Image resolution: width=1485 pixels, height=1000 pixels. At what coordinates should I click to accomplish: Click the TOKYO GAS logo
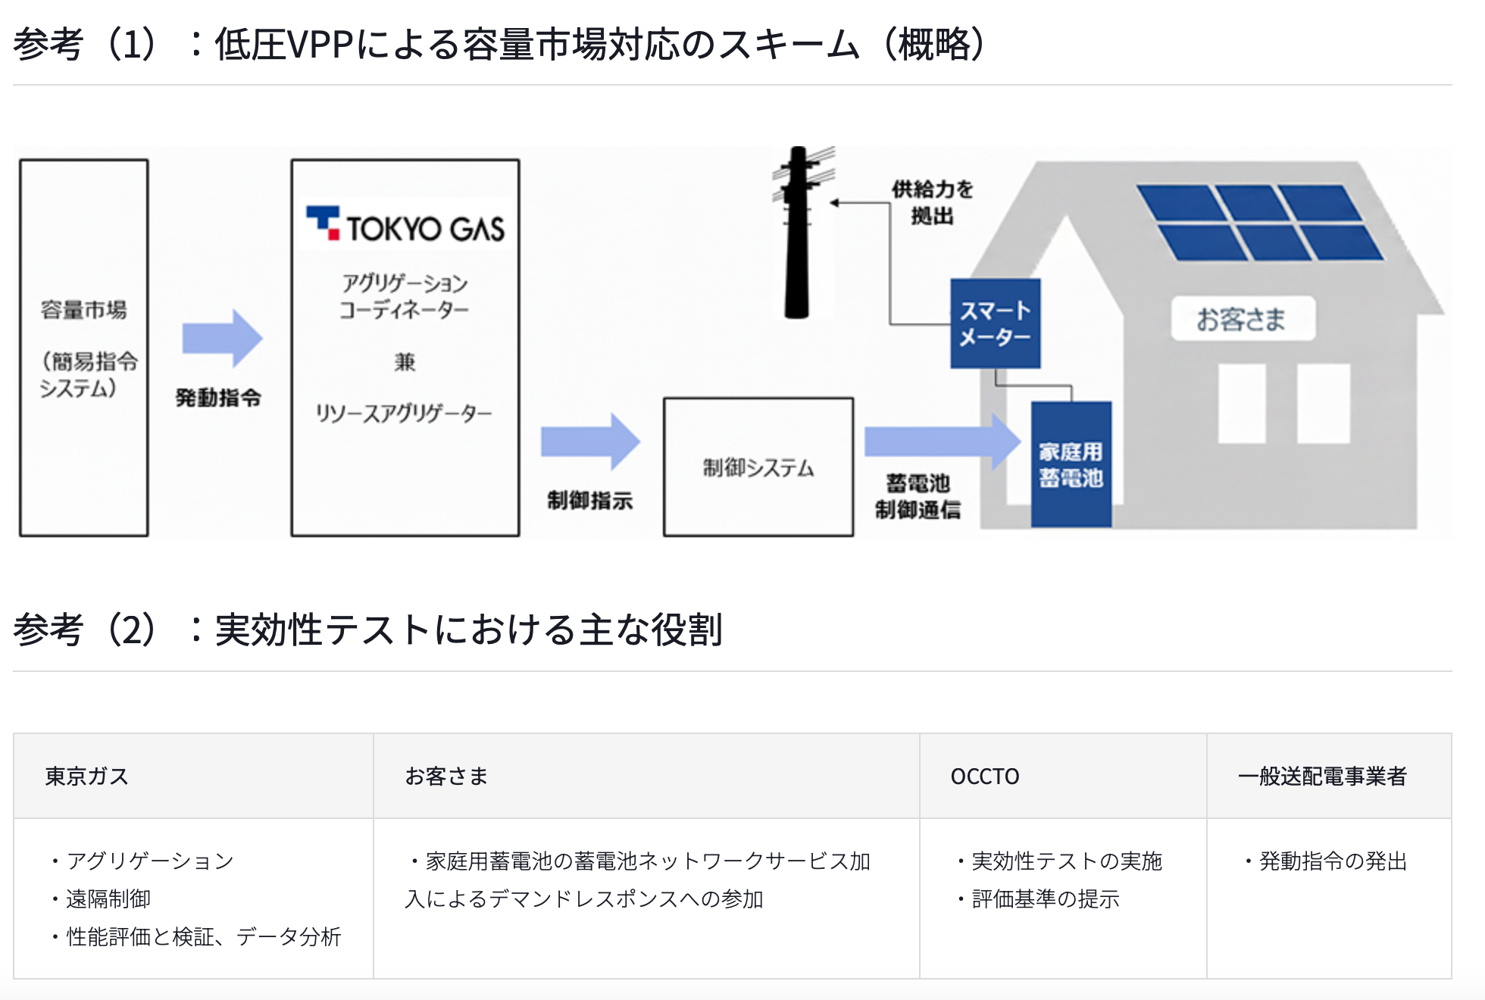tap(405, 226)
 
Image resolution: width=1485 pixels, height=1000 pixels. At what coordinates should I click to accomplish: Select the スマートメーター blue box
tap(995, 323)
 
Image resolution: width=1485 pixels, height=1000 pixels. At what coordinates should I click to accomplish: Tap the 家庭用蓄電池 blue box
tap(1071, 464)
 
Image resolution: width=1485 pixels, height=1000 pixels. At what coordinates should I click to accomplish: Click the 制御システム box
tap(758, 467)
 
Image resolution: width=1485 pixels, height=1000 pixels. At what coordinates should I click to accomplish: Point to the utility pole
tap(797, 235)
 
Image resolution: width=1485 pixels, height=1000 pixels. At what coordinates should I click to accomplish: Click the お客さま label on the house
tap(1241, 319)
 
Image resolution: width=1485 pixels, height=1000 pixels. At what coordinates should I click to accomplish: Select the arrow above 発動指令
tap(222, 338)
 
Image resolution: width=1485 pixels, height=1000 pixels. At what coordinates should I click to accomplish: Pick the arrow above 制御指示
tap(590, 442)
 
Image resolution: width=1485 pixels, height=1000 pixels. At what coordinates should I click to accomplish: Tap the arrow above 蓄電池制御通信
tap(942, 442)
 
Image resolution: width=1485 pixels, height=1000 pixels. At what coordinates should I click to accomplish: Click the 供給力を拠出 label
tap(932, 202)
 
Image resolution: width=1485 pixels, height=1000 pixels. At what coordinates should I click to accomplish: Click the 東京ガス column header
tap(87, 777)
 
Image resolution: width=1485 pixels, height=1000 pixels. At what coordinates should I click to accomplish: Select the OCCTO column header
tap(984, 777)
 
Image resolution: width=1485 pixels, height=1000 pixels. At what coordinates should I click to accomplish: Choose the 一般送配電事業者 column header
tap(1322, 777)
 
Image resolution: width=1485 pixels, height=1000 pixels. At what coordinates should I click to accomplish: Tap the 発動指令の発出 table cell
tap(1332, 861)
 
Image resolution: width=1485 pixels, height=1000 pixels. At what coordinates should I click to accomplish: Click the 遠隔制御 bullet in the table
tap(108, 899)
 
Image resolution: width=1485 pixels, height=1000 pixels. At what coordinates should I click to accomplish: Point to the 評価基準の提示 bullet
tap(1045, 899)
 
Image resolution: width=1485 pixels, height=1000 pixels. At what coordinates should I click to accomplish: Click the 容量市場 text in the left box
tap(84, 310)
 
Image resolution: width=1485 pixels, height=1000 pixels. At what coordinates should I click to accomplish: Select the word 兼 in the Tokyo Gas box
tap(405, 361)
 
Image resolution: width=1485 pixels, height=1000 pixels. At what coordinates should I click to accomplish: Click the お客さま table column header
tap(446, 777)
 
